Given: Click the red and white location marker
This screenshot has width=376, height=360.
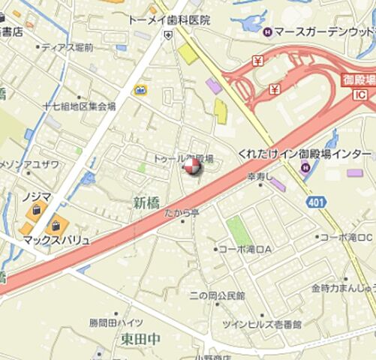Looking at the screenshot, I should coord(192,166).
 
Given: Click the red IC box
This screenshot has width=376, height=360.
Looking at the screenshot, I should coord(359,95).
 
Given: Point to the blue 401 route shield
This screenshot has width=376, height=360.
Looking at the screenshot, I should coord(315,202).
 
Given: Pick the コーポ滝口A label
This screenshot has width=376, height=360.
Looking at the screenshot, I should coord(245,249).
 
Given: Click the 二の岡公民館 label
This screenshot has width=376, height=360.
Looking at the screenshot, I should coord(217,296).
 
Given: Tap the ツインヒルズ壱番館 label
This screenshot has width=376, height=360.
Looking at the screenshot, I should coord(261,324).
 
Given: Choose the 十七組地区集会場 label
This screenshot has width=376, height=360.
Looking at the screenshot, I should coord(79,106).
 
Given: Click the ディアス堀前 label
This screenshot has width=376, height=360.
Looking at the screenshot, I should coord(68,47).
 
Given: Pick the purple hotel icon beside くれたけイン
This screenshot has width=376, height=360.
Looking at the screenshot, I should coord(304,166).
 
